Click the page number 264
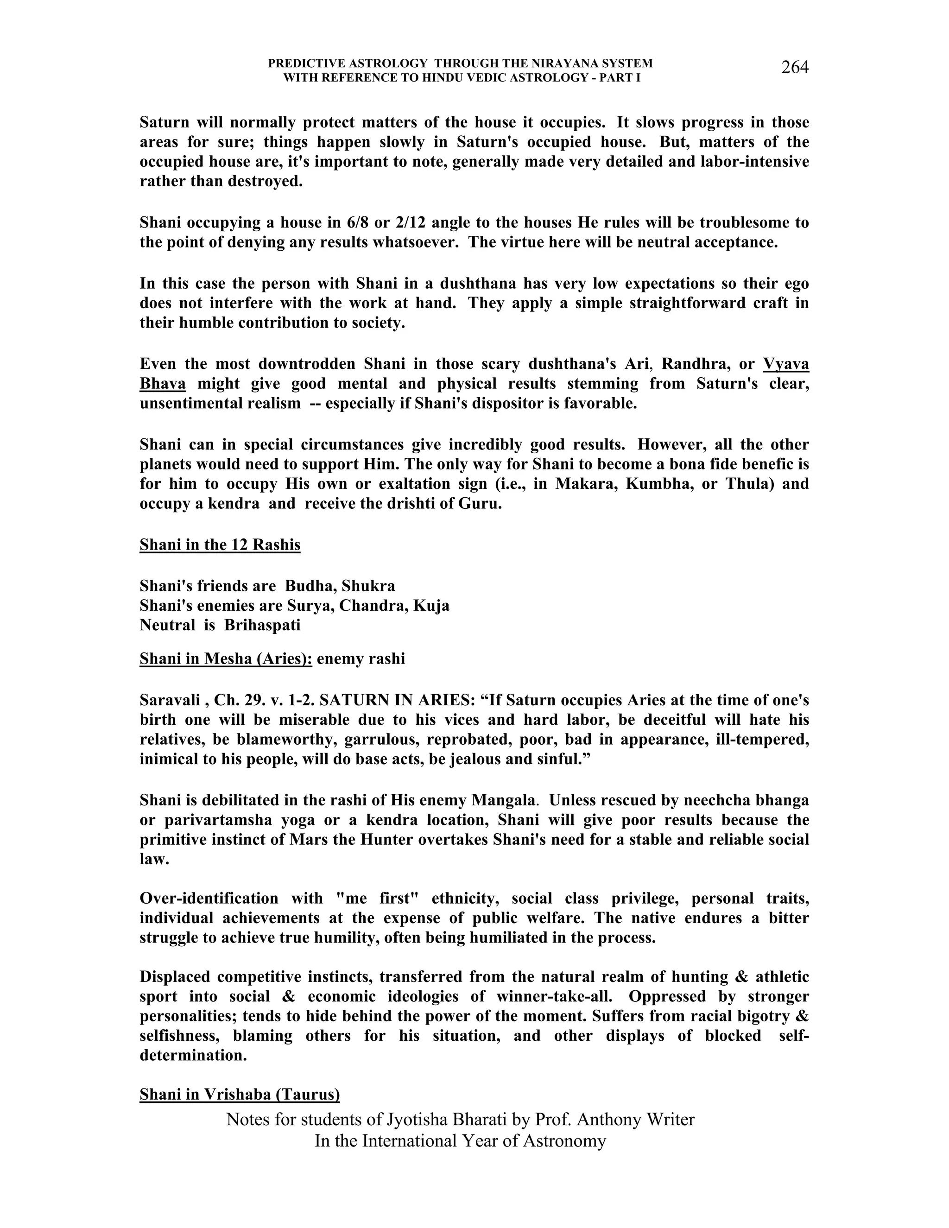click(x=794, y=68)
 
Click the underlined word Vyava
click(x=786, y=364)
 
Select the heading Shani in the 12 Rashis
click(x=220, y=545)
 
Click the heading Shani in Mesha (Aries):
click(x=226, y=658)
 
